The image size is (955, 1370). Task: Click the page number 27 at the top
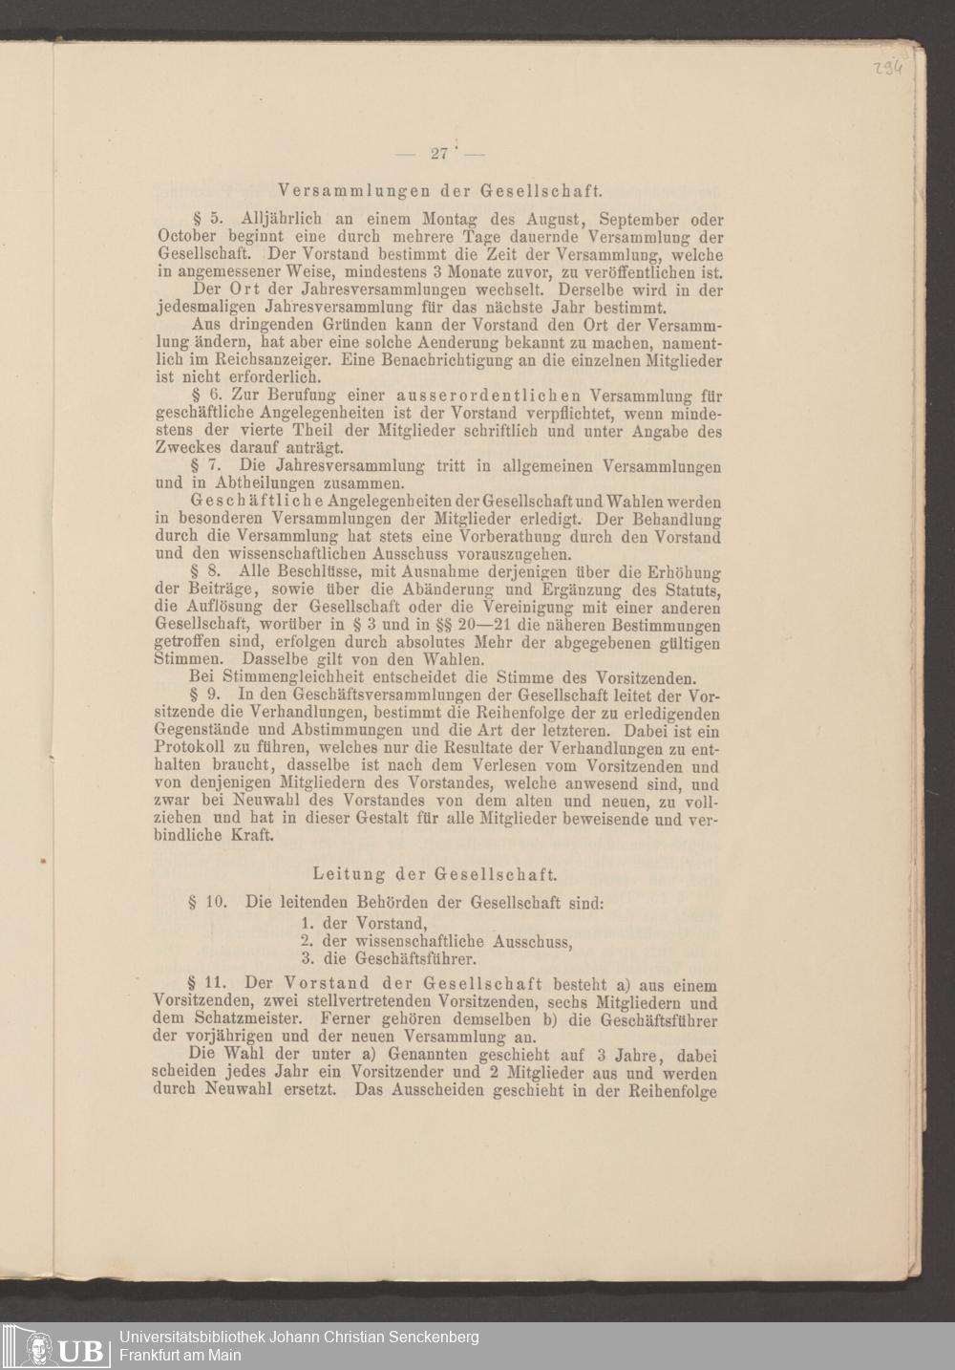[x=440, y=154]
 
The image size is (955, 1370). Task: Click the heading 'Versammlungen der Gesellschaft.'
[x=439, y=188]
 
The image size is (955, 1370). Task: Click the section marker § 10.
[x=206, y=902]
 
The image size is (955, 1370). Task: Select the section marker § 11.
[x=206, y=985]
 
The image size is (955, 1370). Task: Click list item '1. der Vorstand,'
[x=363, y=924]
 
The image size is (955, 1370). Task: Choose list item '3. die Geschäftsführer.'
[x=389, y=958]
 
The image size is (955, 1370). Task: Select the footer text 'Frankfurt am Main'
[x=180, y=1355]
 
